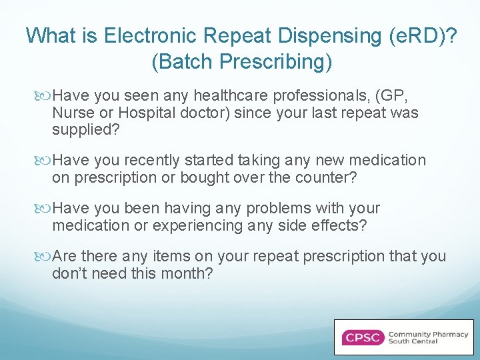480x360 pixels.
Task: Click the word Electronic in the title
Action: coord(141,35)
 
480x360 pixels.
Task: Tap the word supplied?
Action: coord(86,129)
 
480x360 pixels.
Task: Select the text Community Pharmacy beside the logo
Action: coord(428,334)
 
